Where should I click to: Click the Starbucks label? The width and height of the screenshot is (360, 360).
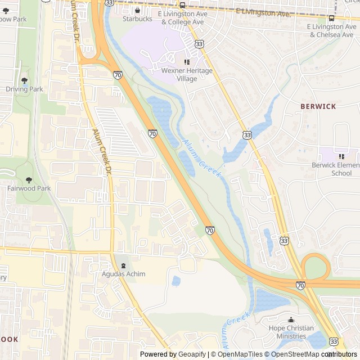coord(137,19)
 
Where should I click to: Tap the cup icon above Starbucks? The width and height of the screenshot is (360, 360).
coord(137,10)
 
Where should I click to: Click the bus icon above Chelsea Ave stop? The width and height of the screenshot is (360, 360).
coord(331,17)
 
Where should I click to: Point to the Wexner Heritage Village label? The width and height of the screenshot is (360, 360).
coord(187,75)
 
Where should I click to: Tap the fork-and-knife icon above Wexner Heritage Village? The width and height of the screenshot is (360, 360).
coord(187,62)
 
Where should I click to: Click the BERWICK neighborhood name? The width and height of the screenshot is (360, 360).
coord(318,106)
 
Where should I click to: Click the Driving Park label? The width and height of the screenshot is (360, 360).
coord(24,89)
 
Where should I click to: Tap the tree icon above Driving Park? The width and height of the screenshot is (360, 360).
coord(24,80)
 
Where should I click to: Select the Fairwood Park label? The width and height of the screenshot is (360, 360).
coord(21,188)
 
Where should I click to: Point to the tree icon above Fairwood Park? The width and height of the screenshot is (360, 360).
coord(21,179)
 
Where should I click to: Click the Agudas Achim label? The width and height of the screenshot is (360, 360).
coord(123,274)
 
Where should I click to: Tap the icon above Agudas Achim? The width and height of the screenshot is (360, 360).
coord(123,265)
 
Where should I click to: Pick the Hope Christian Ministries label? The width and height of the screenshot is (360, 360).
coord(291,332)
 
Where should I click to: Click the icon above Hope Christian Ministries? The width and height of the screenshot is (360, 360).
coord(291,319)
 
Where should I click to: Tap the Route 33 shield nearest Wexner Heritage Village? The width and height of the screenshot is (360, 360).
coord(199,43)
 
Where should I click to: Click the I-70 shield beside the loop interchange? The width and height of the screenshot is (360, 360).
coord(300,286)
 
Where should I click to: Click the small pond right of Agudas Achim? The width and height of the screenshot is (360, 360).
coord(176,280)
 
